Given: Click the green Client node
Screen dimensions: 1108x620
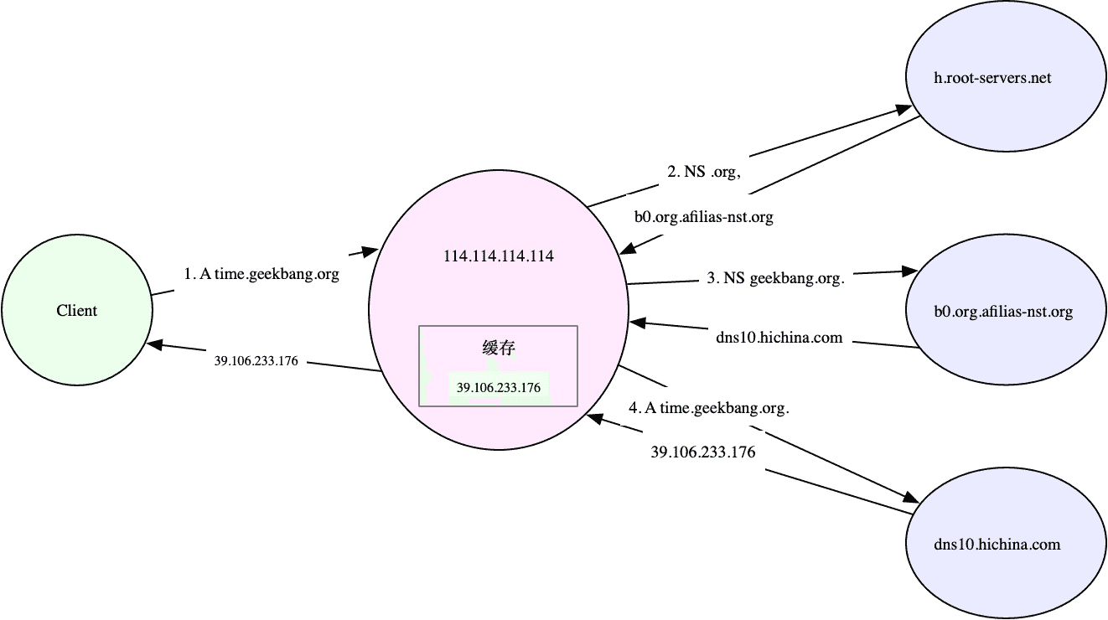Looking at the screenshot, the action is pos(76,311).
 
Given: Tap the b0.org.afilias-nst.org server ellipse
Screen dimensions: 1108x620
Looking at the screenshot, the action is pos(1002,312).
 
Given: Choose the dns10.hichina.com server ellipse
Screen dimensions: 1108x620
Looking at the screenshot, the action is pos(997,545).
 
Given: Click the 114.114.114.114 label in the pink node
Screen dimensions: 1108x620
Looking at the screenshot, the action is pos(498,256).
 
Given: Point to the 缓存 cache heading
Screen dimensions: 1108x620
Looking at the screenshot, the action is pos(498,348).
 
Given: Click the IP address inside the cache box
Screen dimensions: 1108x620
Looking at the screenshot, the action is pos(498,387).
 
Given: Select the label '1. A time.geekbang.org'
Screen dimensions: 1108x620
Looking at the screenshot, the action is pos(261,274).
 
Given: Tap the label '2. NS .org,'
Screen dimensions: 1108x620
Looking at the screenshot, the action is pos(703,172).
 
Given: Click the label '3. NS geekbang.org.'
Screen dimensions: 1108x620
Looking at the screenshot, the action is pos(775,278).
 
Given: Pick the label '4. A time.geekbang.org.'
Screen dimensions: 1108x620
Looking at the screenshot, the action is pos(709,408).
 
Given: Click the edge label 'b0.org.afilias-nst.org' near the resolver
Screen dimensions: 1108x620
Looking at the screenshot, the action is pos(703,217).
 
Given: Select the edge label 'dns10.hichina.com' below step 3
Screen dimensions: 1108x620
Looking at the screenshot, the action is pos(779,338).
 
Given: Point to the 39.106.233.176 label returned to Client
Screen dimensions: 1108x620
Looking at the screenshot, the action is pos(256,361).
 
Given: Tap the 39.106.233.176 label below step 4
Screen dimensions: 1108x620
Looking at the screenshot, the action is pos(703,452).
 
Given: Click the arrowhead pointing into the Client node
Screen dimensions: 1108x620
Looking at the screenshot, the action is pos(156,344).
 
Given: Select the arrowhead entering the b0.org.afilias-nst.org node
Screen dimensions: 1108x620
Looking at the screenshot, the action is pos(909,271).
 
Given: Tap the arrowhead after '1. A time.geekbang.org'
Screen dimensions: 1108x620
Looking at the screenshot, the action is pos(369,250).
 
